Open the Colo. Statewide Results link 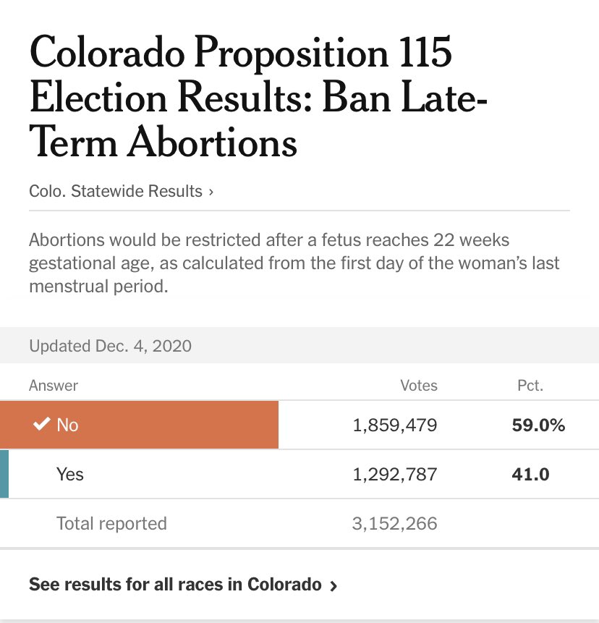click(121, 192)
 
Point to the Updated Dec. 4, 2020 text click(110, 346)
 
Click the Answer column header click(54, 386)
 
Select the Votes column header click(419, 386)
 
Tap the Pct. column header click(530, 386)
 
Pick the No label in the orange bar click(67, 425)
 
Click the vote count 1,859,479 click(395, 425)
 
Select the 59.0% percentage click(538, 425)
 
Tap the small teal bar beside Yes click(4, 474)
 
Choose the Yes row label click(70, 475)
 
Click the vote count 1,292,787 click(395, 475)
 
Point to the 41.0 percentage click(530, 475)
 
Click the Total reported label click(111, 523)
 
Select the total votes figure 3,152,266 click(395, 523)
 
